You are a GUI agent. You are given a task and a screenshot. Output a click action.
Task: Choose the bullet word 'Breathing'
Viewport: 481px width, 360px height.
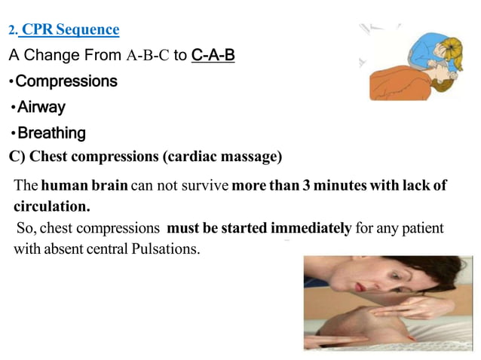click(51, 133)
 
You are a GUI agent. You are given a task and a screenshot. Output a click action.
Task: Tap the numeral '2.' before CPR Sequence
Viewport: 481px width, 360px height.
click(12, 31)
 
